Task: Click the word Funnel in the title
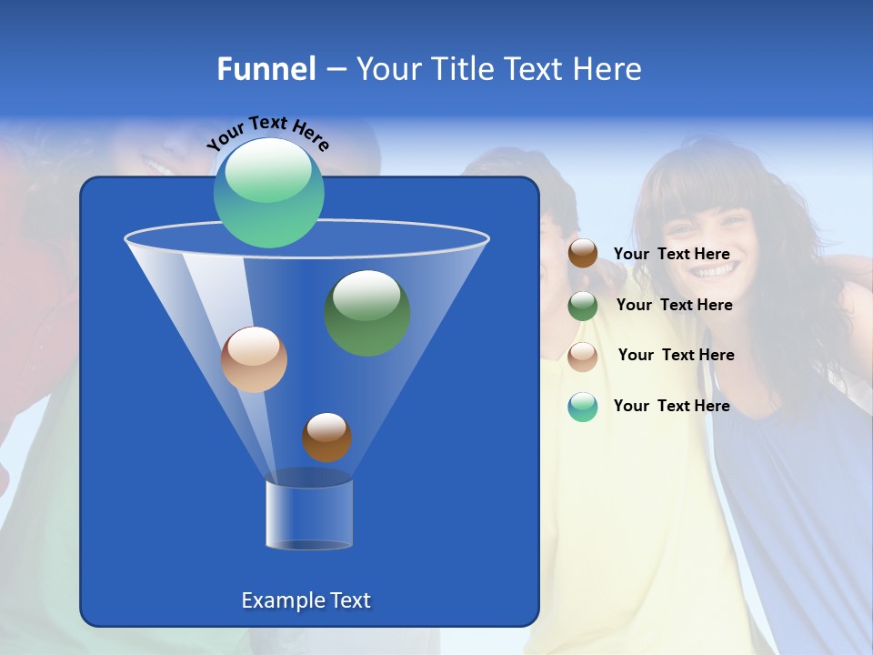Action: click(x=266, y=69)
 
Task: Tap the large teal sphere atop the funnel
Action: click(x=268, y=192)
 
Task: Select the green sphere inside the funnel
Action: click(x=366, y=313)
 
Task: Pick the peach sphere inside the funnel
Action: click(x=254, y=359)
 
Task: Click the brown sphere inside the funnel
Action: click(x=326, y=438)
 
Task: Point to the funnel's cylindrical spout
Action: click(x=309, y=514)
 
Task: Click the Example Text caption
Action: click(x=306, y=600)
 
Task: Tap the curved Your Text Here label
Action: click(x=267, y=133)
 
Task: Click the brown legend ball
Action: click(x=583, y=254)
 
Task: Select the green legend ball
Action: click(x=583, y=306)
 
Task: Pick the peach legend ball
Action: click(x=583, y=357)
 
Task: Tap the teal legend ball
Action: click(x=583, y=407)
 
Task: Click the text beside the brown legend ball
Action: click(x=671, y=255)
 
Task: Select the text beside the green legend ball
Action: click(x=674, y=306)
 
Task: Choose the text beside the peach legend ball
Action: click(x=676, y=356)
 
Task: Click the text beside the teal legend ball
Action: click(x=671, y=406)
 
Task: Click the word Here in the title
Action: click(x=608, y=69)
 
